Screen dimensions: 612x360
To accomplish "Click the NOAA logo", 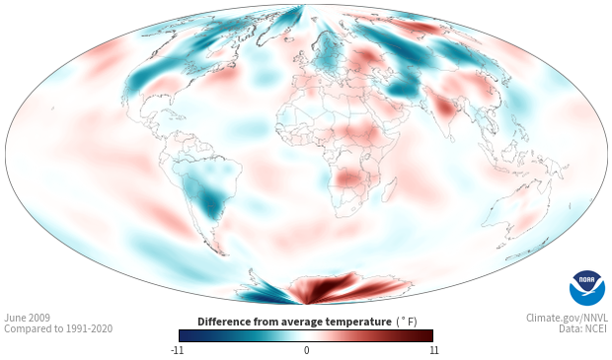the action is [587, 288].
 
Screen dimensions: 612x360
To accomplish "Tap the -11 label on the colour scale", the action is [177, 350].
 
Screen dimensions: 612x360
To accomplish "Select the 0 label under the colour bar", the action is [306, 350].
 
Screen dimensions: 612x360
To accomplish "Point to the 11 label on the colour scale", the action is [434, 350].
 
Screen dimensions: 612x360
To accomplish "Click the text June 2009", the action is [28, 318].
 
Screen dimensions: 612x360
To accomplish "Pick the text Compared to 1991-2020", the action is [58, 328].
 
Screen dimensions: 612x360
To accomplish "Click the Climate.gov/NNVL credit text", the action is [567, 318].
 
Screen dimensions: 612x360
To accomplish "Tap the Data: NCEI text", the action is [583, 328].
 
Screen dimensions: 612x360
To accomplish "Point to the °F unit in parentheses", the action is [407, 322].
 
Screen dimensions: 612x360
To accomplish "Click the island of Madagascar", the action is [388, 189].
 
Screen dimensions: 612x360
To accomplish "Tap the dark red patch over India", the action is [444, 108].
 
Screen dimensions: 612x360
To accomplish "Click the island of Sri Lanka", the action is [451, 138].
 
